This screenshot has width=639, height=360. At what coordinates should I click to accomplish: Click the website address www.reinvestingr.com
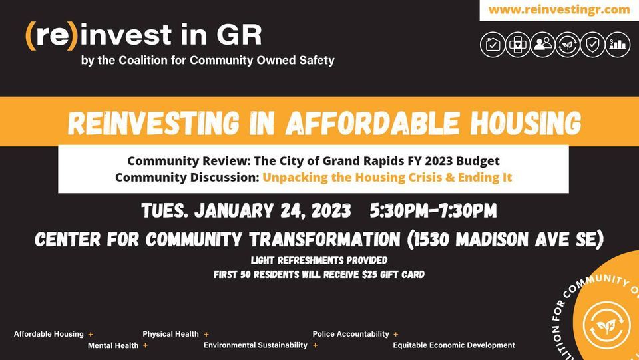[x=558, y=9]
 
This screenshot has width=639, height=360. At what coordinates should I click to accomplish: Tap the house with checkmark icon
[x=493, y=45]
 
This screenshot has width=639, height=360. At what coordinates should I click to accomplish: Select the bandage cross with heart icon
[x=518, y=45]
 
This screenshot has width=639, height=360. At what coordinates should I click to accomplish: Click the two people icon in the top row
[x=543, y=45]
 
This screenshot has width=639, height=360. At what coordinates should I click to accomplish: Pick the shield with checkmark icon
[x=592, y=45]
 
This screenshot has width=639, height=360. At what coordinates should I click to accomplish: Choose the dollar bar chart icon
[x=618, y=45]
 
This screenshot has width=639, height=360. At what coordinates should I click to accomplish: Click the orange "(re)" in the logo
[x=52, y=35]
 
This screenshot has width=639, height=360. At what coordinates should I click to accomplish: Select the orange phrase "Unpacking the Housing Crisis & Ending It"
[x=387, y=178]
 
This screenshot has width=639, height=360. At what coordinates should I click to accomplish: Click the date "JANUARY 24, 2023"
[x=273, y=211]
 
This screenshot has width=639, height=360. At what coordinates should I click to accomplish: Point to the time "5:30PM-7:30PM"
[x=433, y=211]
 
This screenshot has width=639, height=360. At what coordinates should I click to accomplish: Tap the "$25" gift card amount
[x=363, y=274]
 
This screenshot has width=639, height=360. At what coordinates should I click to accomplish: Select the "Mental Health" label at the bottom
[x=113, y=345]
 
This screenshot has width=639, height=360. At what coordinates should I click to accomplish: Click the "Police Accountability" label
[x=351, y=334]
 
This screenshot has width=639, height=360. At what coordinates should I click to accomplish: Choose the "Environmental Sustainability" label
[x=256, y=345]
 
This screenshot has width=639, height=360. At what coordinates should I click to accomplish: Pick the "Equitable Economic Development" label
[x=454, y=345]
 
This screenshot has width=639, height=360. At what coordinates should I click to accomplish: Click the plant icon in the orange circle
[x=606, y=324]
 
